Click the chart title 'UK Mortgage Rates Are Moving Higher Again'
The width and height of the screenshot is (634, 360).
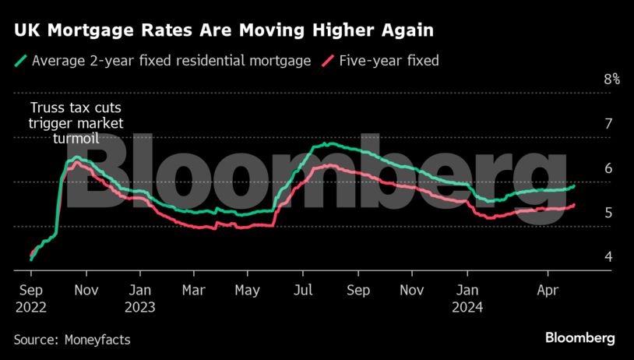(x=222, y=30)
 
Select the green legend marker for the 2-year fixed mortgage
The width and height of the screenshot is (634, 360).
(x=21, y=60)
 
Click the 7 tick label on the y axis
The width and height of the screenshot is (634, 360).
(x=609, y=123)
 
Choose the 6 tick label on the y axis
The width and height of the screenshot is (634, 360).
(x=609, y=168)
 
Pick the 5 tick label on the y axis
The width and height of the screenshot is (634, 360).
(x=609, y=213)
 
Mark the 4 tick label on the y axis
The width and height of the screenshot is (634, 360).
(x=609, y=257)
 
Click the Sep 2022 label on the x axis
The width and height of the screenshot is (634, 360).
(x=30, y=298)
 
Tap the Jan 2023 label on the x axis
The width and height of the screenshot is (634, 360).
(x=139, y=298)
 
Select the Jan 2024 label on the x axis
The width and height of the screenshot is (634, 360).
(x=467, y=298)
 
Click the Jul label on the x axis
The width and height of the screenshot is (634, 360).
(x=303, y=289)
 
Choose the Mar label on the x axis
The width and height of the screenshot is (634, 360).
(x=193, y=289)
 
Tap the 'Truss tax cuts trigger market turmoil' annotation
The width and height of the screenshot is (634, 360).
(x=76, y=123)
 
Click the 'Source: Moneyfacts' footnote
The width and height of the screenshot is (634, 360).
(x=72, y=340)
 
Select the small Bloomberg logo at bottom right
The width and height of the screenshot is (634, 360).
(x=579, y=338)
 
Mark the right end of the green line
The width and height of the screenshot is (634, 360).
(x=575, y=186)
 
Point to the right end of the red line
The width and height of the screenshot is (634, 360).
(x=575, y=205)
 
